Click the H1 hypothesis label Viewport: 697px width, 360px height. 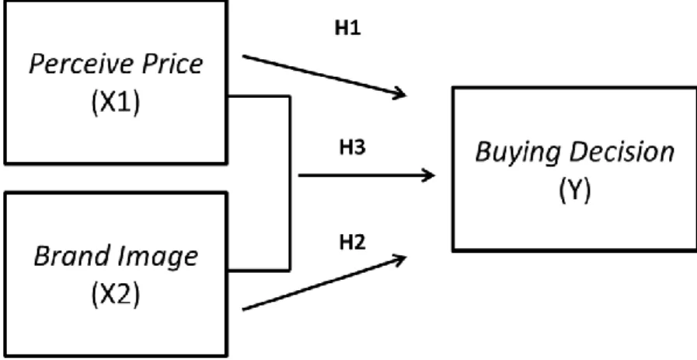pyautogui.click(x=347, y=29)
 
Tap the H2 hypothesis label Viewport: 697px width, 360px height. pyautogui.click(x=352, y=243)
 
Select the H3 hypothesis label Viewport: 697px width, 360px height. pyautogui.click(x=352, y=148)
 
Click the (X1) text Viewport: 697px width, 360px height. pyautogui.click(x=116, y=103)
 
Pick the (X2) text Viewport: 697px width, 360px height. pyautogui.click(x=116, y=295)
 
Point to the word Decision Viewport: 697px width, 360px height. pyautogui.click(x=622, y=152)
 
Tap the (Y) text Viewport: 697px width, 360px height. pyautogui.click(x=575, y=191)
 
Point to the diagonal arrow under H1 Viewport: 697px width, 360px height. pyautogui.click(x=324, y=75)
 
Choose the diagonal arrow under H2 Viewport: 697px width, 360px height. pyautogui.click(x=324, y=282)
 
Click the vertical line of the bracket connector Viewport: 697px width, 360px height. pyautogui.click(x=290, y=183)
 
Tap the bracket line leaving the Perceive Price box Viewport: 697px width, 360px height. pyautogui.click(x=259, y=96)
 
